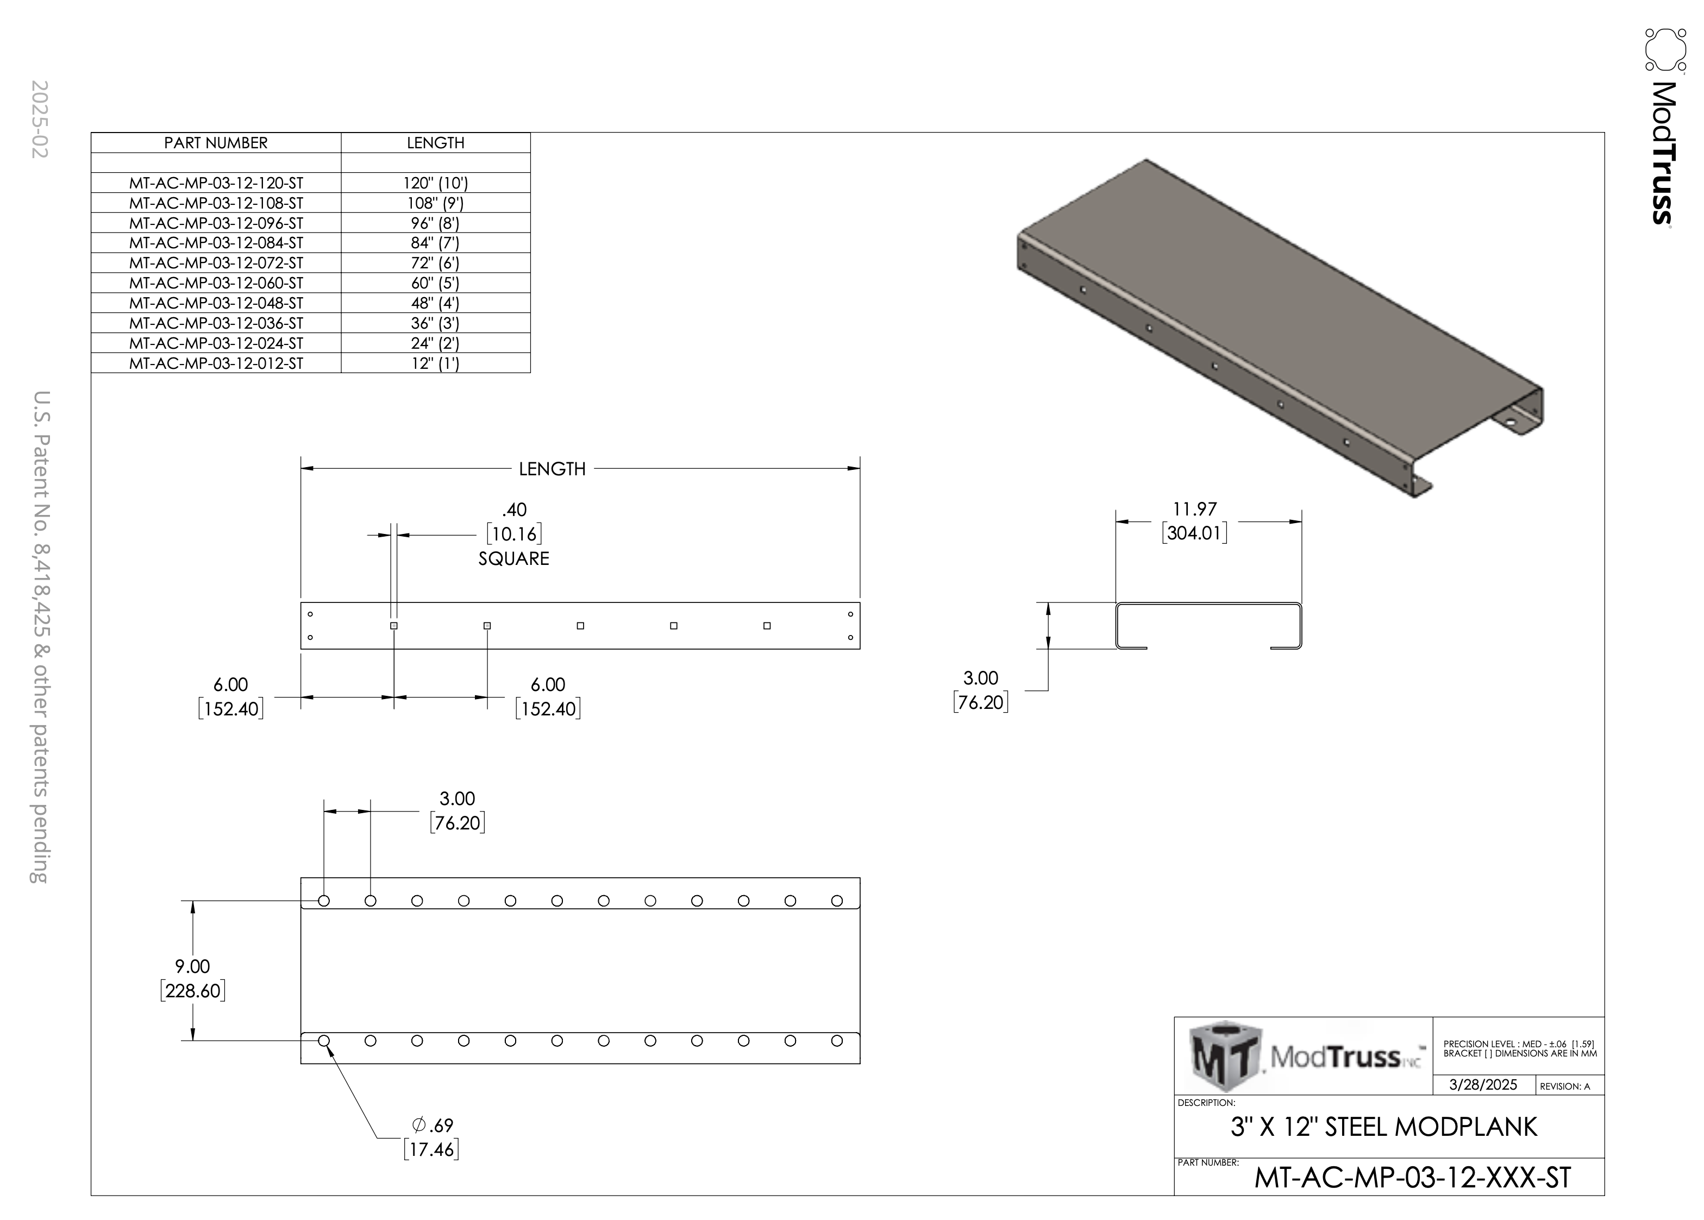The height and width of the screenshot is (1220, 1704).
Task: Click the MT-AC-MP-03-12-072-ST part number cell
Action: tap(216, 263)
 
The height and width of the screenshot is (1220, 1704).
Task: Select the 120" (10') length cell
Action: tap(435, 183)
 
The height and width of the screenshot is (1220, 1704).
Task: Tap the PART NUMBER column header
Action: tap(216, 143)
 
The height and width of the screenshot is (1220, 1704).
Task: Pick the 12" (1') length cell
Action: tap(435, 363)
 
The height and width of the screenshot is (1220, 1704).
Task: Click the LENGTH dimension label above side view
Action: tap(552, 469)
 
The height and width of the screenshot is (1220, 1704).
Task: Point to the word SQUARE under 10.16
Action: tap(514, 558)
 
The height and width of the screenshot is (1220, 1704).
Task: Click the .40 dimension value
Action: tap(514, 510)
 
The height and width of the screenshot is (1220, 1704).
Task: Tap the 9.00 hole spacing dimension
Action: tap(192, 966)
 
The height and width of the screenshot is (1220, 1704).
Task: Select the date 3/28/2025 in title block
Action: tap(1482, 1085)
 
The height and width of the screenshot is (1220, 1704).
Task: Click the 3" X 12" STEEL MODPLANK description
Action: tap(1384, 1127)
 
